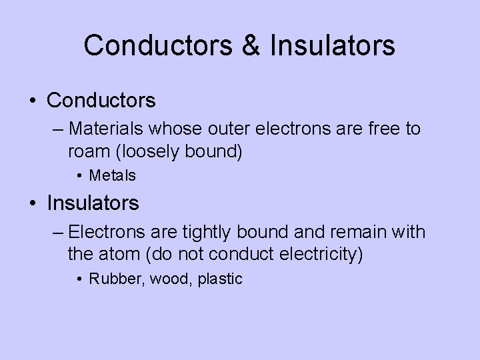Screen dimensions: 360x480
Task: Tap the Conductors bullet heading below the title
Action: (x=101, y=101)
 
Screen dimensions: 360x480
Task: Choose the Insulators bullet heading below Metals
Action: (x=93, y=203)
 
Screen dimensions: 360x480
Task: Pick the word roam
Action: (x=89, y=151)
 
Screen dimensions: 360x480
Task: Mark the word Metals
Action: (x=113, y=176)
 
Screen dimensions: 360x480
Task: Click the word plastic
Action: (x=220, y=279)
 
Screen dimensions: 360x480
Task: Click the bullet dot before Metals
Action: (x=79, y=177)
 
